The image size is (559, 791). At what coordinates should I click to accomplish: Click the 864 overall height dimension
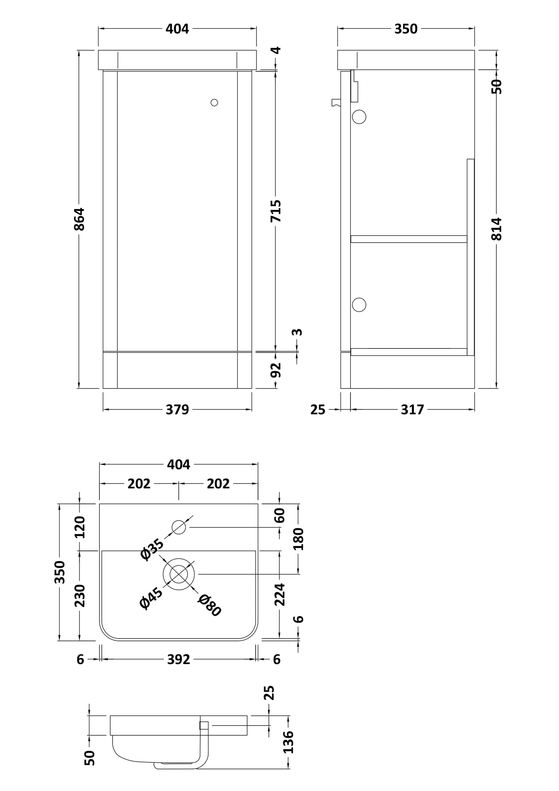[x=79, y=219]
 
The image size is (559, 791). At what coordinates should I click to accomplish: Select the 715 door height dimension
[x=276, y=211]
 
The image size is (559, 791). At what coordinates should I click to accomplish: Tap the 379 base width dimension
[x=177, y=409]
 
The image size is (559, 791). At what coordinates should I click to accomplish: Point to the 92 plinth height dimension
[x=276, y=370]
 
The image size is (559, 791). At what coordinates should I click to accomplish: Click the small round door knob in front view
[x=214, y=103]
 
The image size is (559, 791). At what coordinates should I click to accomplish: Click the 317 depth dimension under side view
[x=412, y=409]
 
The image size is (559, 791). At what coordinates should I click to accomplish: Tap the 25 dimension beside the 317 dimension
[x=318, y=409]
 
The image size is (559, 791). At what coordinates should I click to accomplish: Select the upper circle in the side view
[x=359, y=117]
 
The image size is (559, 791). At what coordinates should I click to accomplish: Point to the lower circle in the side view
[x=359, y=305]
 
